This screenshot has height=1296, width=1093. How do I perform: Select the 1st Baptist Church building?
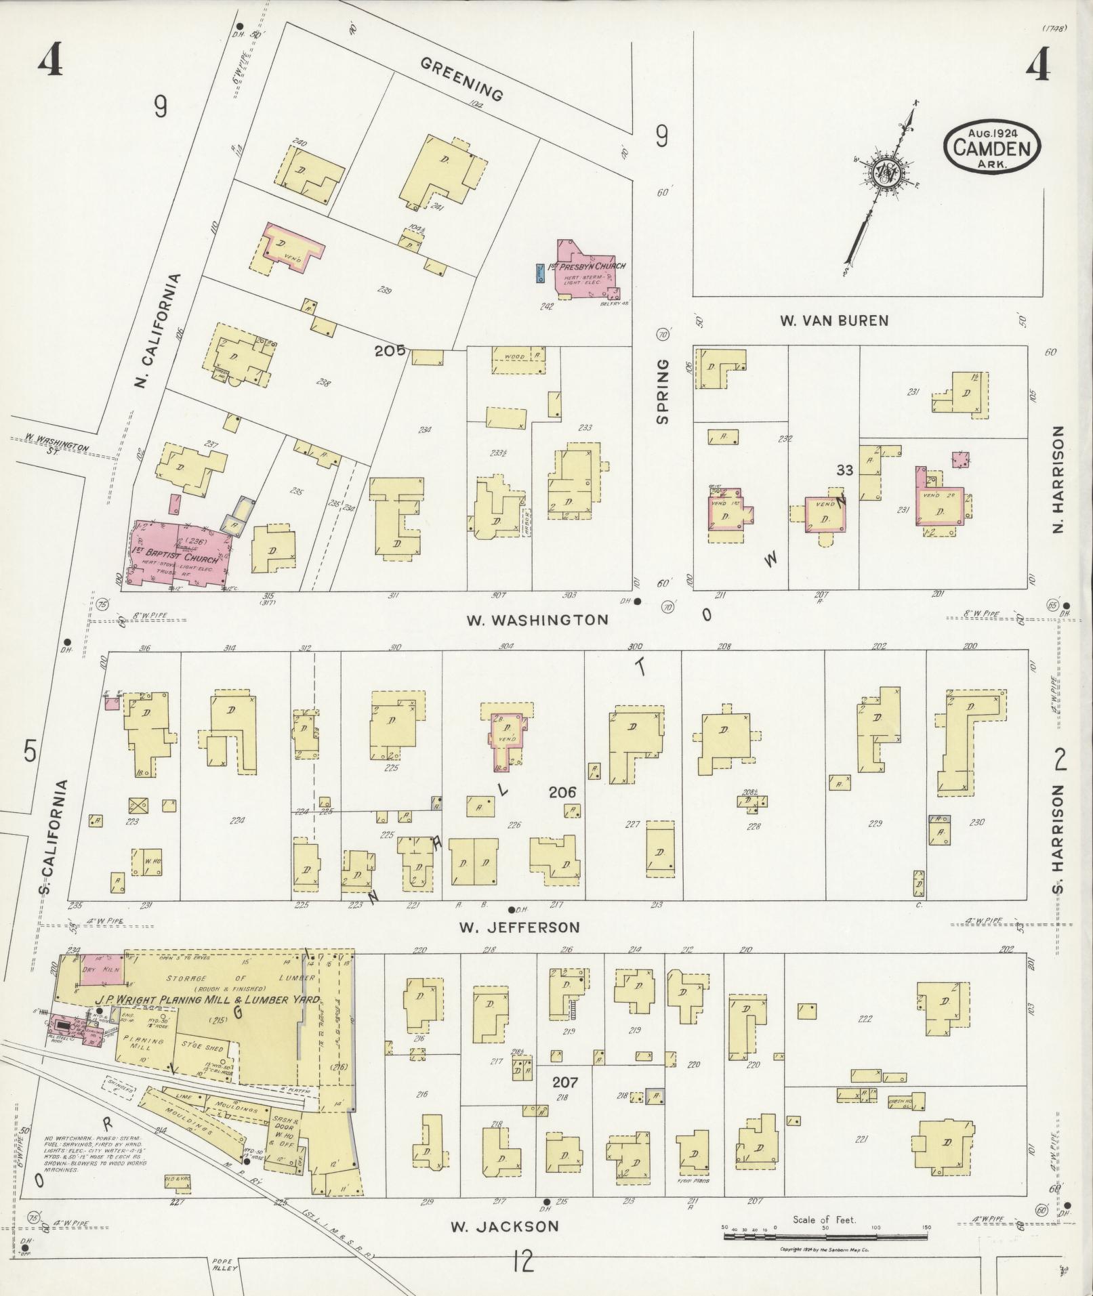[x=178, y=552]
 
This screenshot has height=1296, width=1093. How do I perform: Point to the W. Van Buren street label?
[x=833, y=320]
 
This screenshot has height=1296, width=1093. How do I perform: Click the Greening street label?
[x=462, y=79]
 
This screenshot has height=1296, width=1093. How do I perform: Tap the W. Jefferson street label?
[x=519, y=927]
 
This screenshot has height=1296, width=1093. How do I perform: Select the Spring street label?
[x=662, y=392]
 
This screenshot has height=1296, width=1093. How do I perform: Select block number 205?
[x=390, y=350]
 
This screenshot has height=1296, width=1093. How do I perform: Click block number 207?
[x=564, y=1082]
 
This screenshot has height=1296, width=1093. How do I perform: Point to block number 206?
[x=562, y=792]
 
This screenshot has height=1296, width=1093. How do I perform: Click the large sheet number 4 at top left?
[x=50, y=62]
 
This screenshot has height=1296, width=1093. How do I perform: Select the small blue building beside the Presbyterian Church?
[x=539, y=273]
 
